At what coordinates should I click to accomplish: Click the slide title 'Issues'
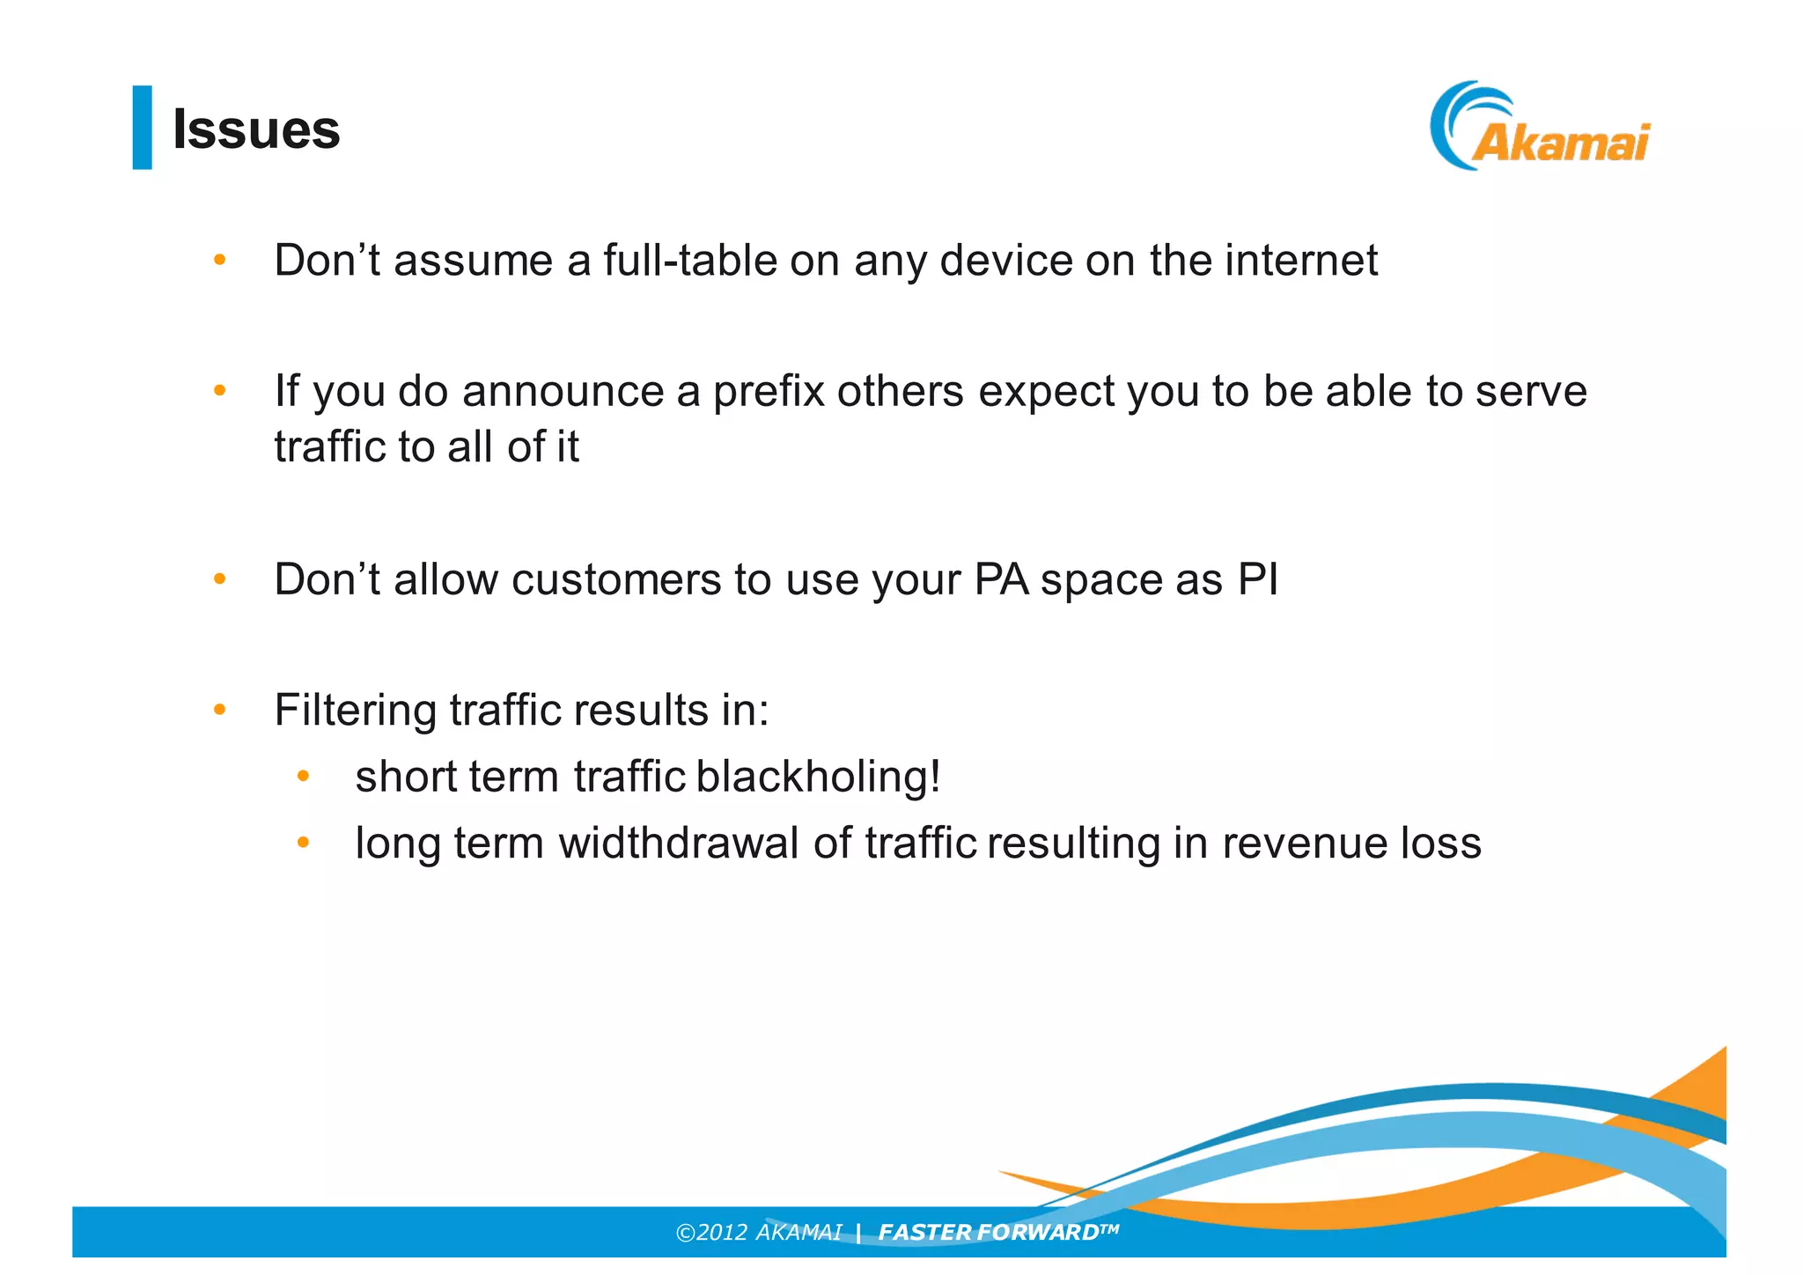coord(256,129)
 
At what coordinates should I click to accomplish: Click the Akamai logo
coord(1540,128)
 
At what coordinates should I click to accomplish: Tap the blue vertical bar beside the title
coord(142,128)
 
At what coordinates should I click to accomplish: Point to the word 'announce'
coord(563,391)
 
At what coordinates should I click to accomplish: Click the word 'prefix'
coord(769,391)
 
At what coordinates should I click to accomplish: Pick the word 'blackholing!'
coord(818,777)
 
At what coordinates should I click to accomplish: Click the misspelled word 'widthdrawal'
coord(678,843)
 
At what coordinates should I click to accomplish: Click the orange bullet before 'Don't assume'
coord(220,261)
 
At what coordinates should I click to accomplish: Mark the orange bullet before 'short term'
coord(303,777)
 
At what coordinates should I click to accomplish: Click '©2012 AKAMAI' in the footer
coord(758,1232)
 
